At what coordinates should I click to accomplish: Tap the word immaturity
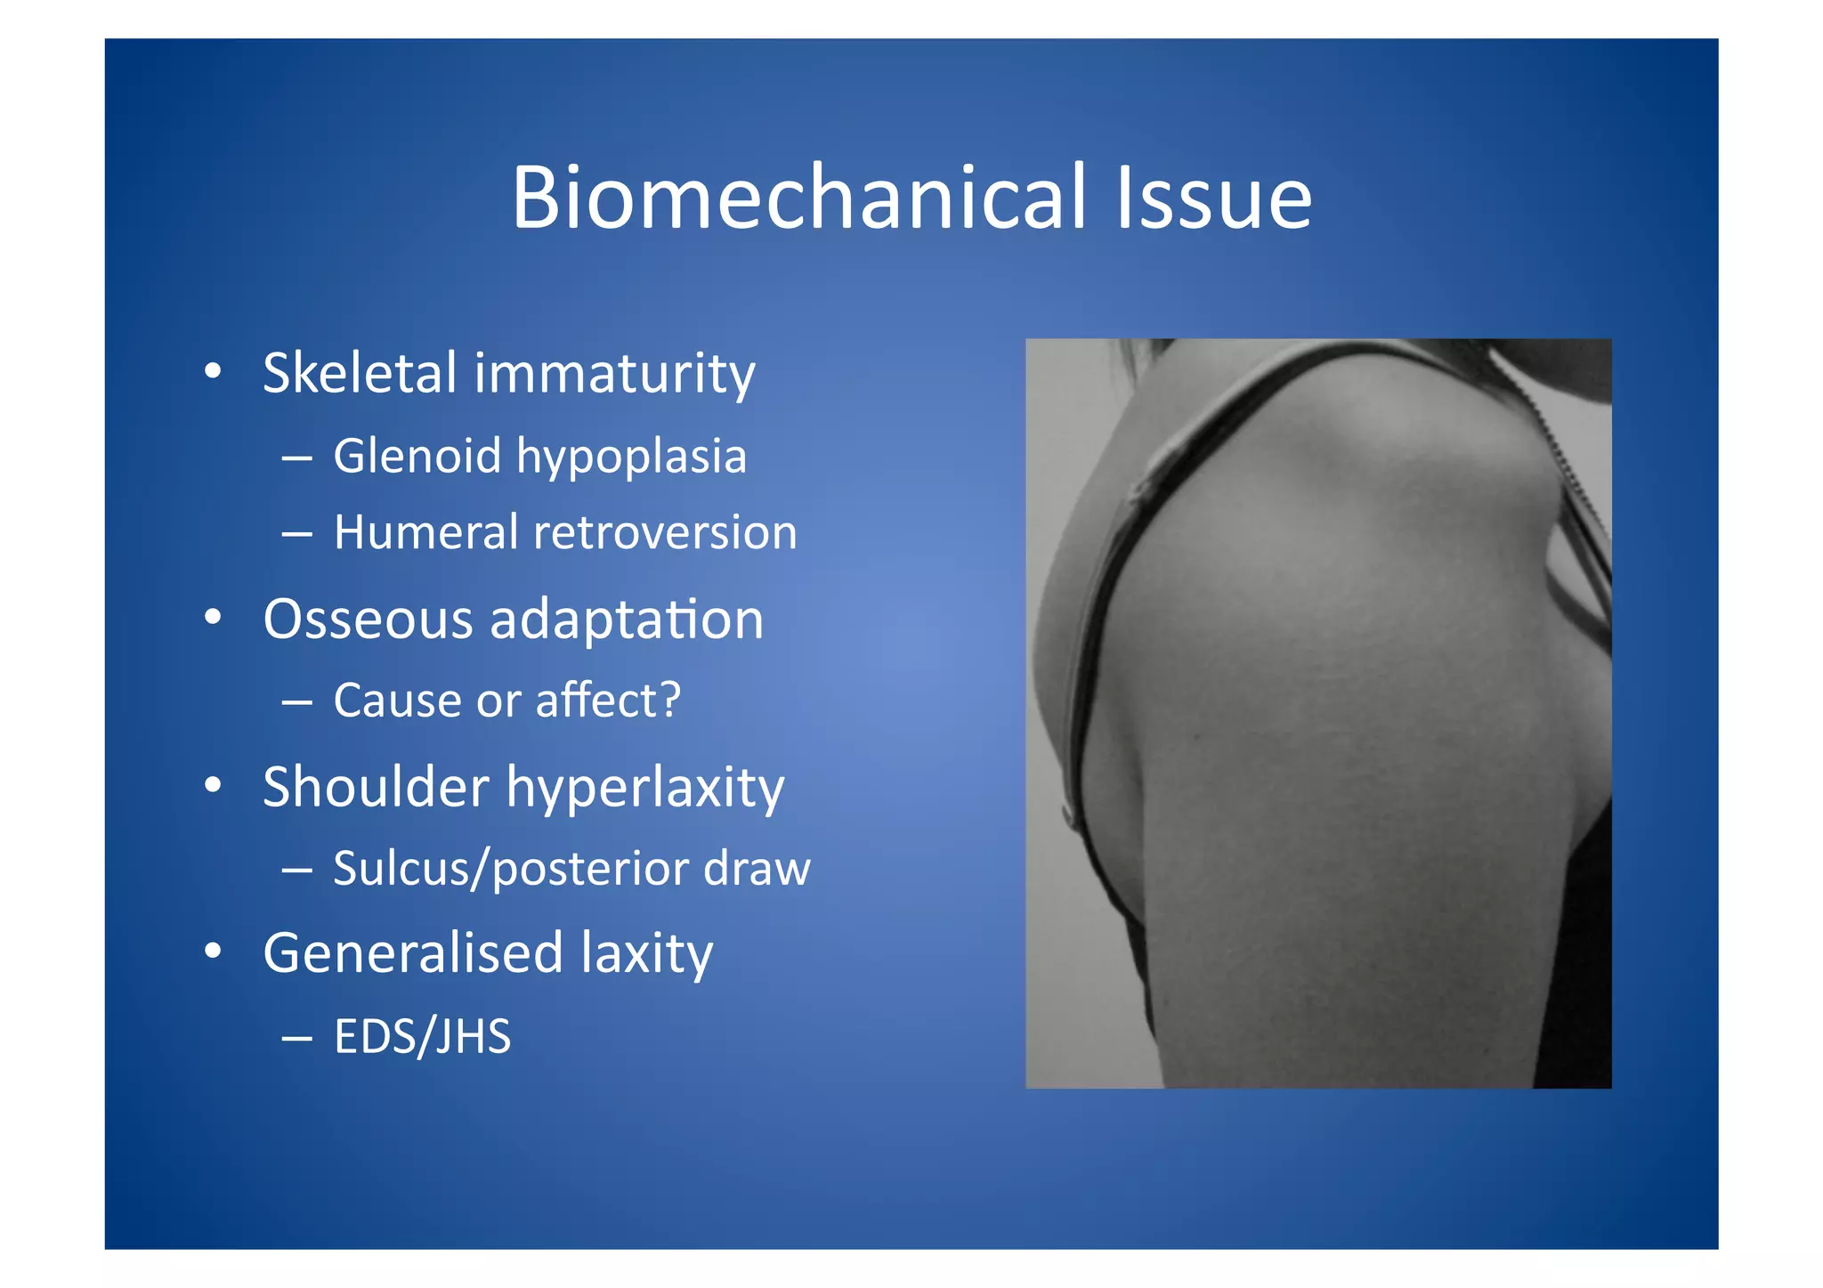(x=614, y=374)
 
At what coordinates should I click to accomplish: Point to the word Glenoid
(x=417, y=456)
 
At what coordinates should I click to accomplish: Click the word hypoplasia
(x=631, y=458)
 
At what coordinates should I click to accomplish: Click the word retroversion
(x=665, y=532)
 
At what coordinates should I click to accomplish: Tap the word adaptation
(x=627, y=620)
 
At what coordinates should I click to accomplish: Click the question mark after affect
(x=668, y=699)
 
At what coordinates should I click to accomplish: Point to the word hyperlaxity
(x=645, y=789)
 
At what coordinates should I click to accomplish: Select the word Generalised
(x=413, y=952)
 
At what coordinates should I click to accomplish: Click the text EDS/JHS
(x=422, y=1036)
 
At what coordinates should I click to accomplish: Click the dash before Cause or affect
(x=296, y=702)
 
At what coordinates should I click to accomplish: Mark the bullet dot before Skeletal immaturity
(x=212, y=371)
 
